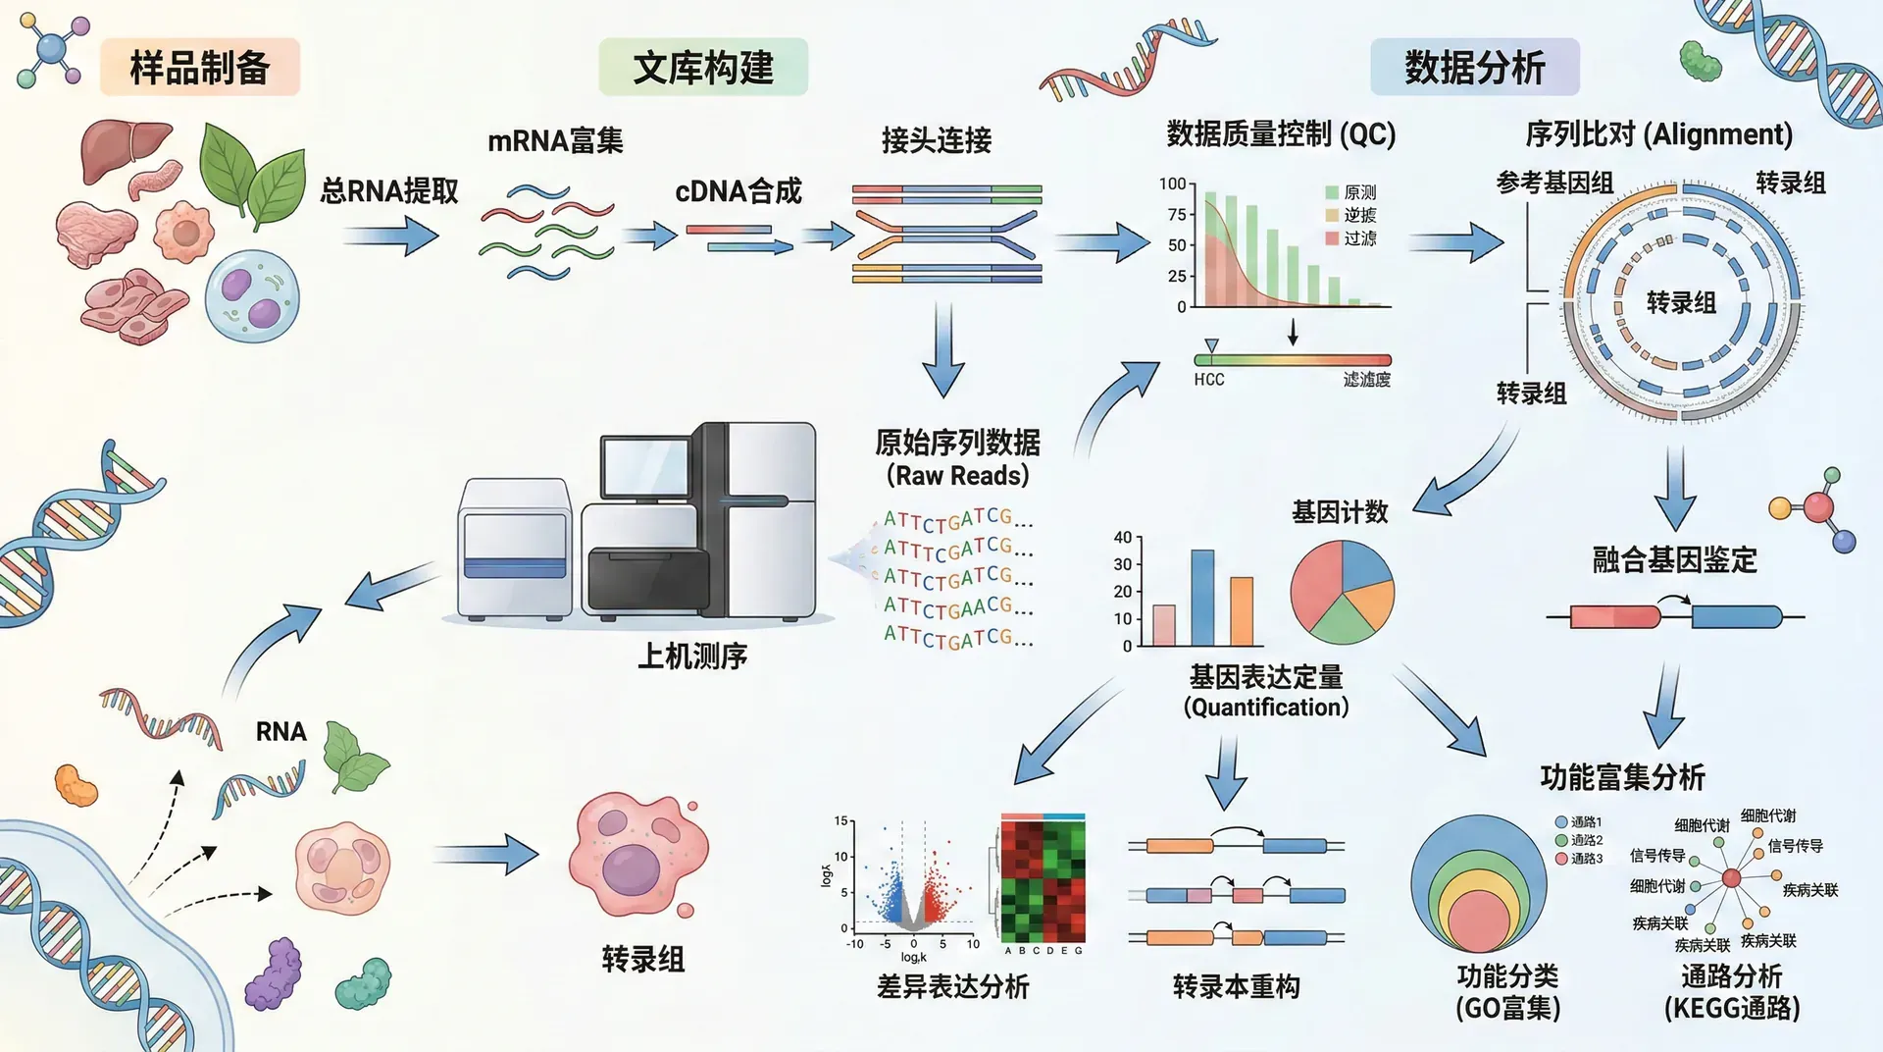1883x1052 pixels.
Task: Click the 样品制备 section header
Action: [199, 67]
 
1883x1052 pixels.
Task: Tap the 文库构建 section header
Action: [703, 67]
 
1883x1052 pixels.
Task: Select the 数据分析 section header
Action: [1474, 67]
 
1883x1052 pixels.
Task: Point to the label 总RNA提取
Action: [389, 190]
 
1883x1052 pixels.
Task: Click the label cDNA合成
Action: [738, 190]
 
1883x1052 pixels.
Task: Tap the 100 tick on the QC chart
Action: [1172, 184]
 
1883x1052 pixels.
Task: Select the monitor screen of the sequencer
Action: [646, 467]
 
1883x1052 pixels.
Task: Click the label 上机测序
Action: [692, 656]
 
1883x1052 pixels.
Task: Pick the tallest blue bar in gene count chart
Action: [1202, 597]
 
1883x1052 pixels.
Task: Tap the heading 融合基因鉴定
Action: [1674, 560]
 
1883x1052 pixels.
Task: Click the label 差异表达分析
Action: [952, 986]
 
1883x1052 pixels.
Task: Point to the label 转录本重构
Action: [1236, 986]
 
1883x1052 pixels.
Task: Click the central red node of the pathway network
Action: [1731, 877]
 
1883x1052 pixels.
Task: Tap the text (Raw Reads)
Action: [957, 476]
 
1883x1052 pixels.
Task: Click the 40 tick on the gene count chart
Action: [1123, 537]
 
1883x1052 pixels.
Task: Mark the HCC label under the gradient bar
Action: [1208, 380]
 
